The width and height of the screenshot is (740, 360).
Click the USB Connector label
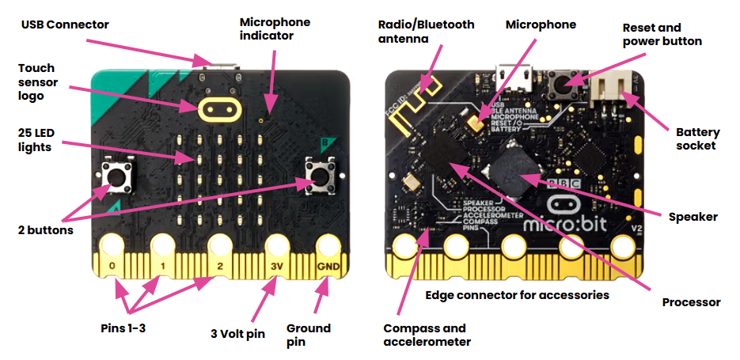click(x=65, y=25)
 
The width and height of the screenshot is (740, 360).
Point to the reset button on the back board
click(x=563, y=81)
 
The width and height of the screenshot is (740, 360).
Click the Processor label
click(x=691, y=302)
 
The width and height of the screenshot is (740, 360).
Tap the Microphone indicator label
click(x=275, y=28)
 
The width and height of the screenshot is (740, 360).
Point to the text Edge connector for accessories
click(x=517, y=295)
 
